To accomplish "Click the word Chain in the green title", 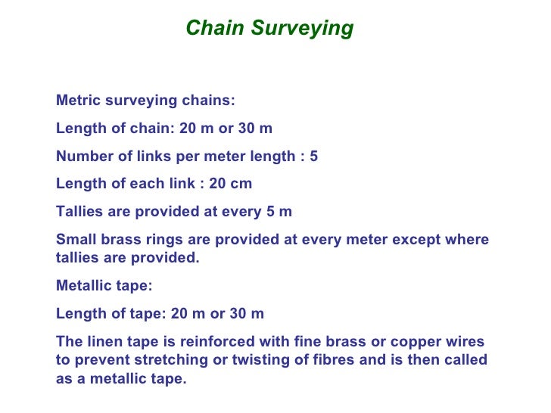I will point(216,28).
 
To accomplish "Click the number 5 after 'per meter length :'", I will point(314,157).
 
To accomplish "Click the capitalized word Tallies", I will point(81,212).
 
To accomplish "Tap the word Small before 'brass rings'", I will point(76,241).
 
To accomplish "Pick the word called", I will point(467,360).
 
